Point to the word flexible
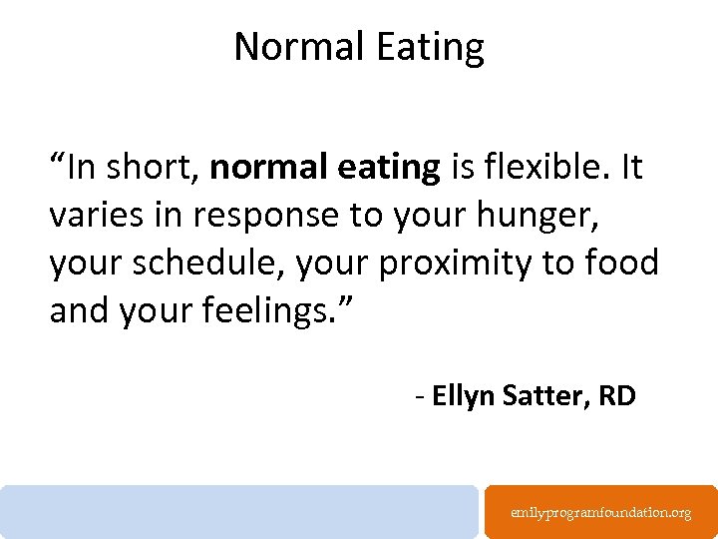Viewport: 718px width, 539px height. [x=539, y=169]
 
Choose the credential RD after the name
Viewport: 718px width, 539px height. [x=616, y=396]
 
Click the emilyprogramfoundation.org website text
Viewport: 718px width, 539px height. [x=600, y=512]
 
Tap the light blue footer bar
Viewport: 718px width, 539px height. [x=239, y=511]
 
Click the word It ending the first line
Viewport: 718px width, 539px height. [x=630, y=169]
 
